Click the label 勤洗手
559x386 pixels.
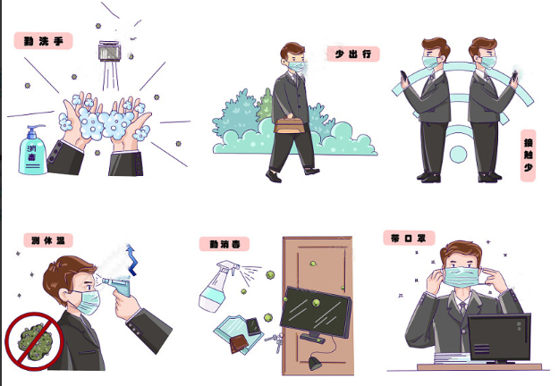tap(43, 41)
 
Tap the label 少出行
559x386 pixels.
tap(352, 55)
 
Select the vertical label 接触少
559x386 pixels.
tap(529, 155)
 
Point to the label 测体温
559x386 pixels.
tap(47, 239)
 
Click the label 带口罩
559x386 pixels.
tap(407, 239)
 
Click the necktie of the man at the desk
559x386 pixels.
tap(462, 309)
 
